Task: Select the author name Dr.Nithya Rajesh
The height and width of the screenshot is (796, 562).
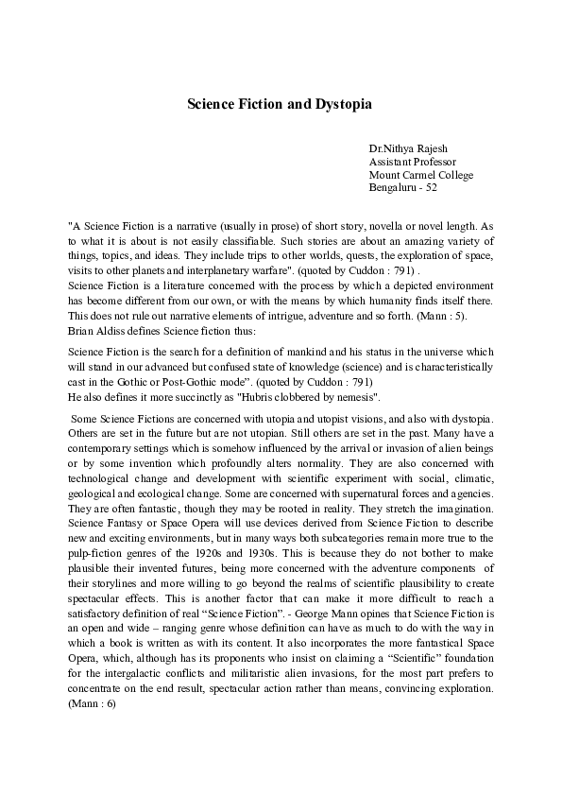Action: [x=408, y=149]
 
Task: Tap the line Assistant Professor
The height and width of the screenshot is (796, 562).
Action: [x=412, y=163]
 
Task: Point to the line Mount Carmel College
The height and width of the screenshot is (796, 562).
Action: [x=421, y=175]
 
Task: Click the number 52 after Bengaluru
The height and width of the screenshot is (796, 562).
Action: [x=430, y=188]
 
